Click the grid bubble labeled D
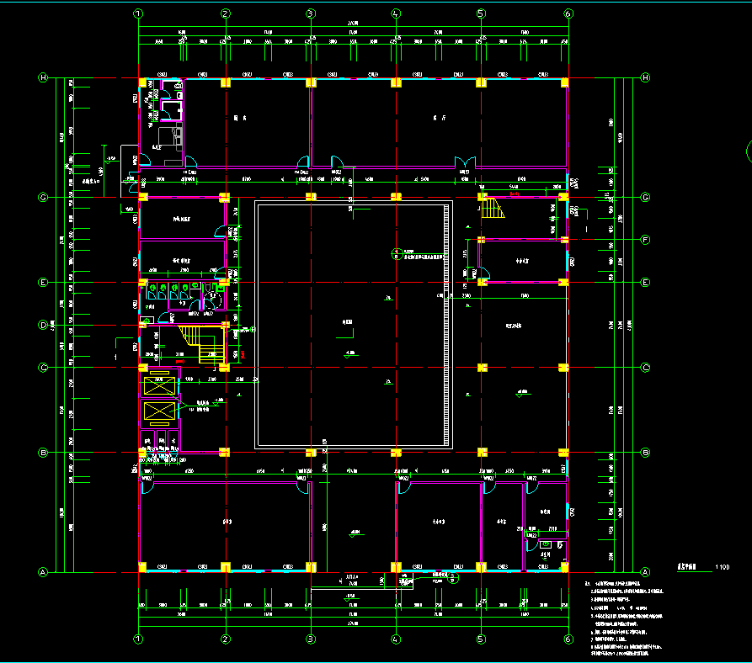(x=43, y=325)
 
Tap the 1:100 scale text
(x=722, y=567)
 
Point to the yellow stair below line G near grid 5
(x=492, y=206)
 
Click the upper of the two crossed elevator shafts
(x=159, y=386)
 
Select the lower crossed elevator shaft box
(x=159, y=411)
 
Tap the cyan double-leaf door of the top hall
(x=461, y=162)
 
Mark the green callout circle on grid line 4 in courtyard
(x=397, y=252)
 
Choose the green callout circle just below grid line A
(x=456, y=578)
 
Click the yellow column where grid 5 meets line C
(x=482, y=368)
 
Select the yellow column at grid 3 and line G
(x=311, y=198)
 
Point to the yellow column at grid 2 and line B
(x=225, y=453)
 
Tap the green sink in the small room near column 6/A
(x=545, y=545)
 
